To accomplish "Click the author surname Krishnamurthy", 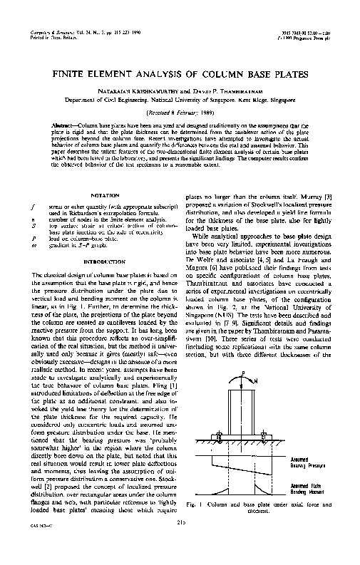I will pos(143,92).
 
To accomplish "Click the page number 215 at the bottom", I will pos(180,544).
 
